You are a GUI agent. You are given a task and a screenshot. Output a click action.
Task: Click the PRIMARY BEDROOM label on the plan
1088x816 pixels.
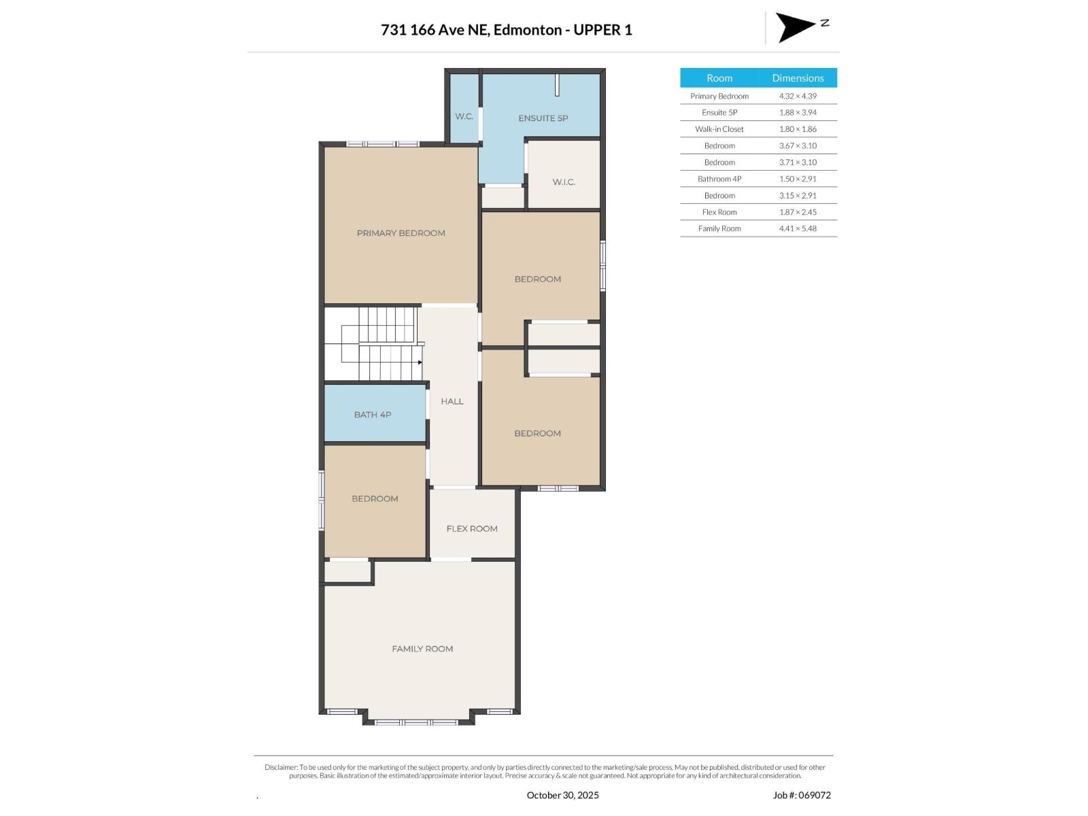coord(401,233)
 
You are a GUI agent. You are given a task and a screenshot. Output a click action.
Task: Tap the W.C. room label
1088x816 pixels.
coord(464,116)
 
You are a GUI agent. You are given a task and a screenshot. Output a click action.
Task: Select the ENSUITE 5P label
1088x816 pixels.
coord(543,118)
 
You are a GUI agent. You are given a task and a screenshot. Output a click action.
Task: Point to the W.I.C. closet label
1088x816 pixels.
coord(564,182)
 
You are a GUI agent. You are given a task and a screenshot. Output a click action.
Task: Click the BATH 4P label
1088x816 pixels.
coord(372,415)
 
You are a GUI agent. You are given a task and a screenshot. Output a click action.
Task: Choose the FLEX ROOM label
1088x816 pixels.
coord(472,529)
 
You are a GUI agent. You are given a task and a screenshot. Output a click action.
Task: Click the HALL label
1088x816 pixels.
coord(452,402)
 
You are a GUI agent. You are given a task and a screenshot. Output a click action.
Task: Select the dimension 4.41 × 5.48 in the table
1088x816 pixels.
coord(798,228)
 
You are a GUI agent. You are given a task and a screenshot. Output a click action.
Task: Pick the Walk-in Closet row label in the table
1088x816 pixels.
coord(719,129)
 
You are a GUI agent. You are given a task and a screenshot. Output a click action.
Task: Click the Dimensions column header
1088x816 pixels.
coord(798,78)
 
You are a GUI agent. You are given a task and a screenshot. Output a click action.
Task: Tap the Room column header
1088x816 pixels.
coord(719,78)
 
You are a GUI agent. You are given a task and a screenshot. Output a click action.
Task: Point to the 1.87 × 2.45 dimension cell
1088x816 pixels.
coord(798,212)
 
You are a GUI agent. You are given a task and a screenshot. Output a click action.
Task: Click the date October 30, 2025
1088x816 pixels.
coord(562,795)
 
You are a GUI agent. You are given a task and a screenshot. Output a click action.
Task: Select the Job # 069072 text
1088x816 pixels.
coord(802,795)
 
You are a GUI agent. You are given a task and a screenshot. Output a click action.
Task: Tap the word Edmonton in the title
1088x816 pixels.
coord(528,30)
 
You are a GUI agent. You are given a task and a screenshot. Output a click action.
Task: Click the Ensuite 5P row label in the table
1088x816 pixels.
coord(719,113)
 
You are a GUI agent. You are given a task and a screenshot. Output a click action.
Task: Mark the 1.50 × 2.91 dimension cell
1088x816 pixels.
coord(798,179)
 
